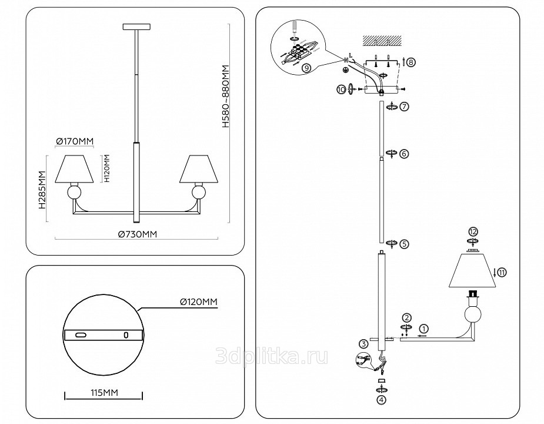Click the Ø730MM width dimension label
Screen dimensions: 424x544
coord(138,234)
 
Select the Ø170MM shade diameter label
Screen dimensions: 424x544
coord(74,141)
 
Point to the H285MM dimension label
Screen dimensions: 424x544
coord(42,190)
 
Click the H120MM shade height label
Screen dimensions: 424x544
coord(106,168)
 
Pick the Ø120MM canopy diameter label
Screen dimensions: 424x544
coord(199,302)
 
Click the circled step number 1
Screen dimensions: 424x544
coord(425,329)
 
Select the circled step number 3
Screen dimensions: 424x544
coord(364,344)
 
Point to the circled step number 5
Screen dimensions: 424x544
coord(403,243)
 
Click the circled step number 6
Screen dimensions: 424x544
coord(403,153)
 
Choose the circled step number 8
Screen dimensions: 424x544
coord(410,62)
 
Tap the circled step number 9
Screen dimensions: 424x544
coord(305,68)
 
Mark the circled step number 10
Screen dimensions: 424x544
coord(341,89)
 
